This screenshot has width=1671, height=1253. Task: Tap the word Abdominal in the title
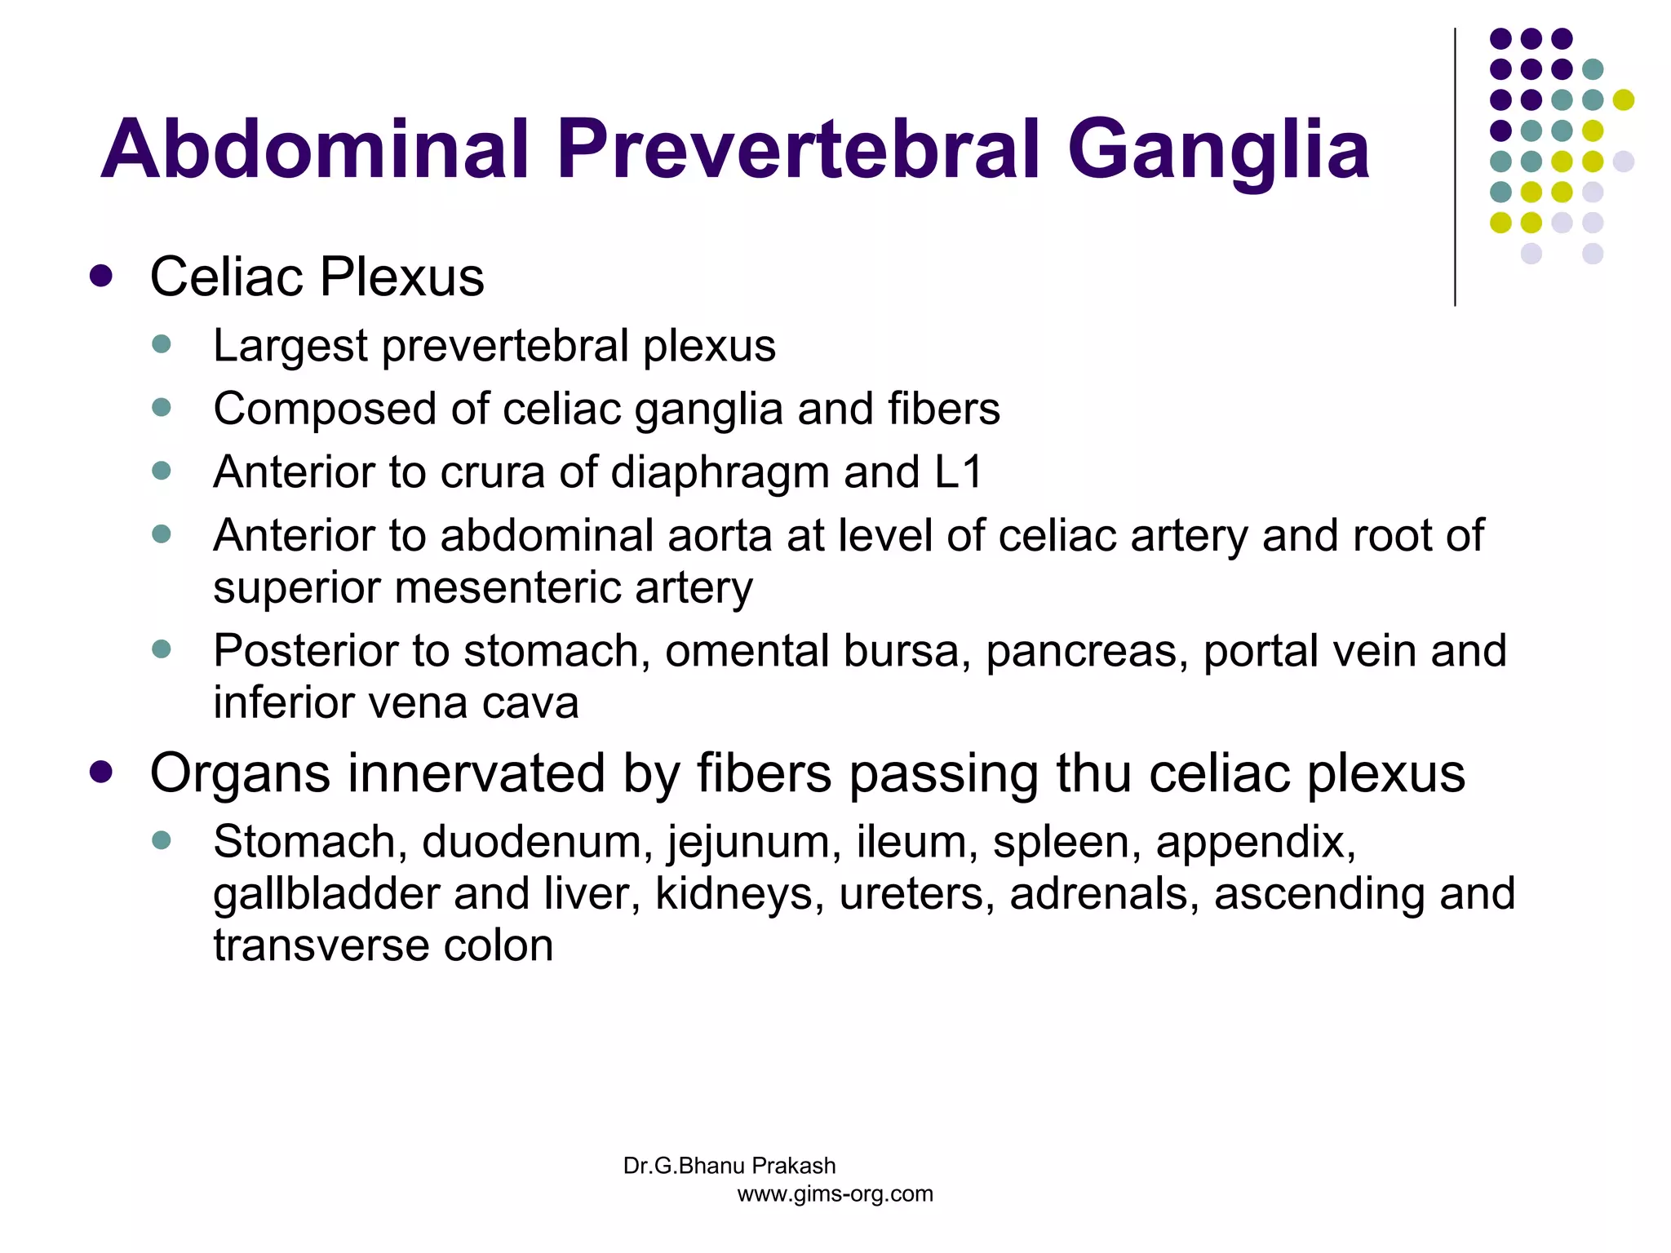click(315, 149)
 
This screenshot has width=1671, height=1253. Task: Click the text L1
click(959, 472)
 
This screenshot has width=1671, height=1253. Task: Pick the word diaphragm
click(720, 473)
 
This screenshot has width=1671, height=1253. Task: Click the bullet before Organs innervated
click(101, 772)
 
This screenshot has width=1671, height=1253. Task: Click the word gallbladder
click(326, 895)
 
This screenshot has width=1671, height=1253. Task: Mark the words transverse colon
click(383, 945)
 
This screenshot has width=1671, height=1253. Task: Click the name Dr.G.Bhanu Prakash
click(729, 1166)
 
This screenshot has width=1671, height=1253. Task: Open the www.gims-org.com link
click(835, 1194)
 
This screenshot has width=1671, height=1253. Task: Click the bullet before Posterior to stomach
click(162, 649)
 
